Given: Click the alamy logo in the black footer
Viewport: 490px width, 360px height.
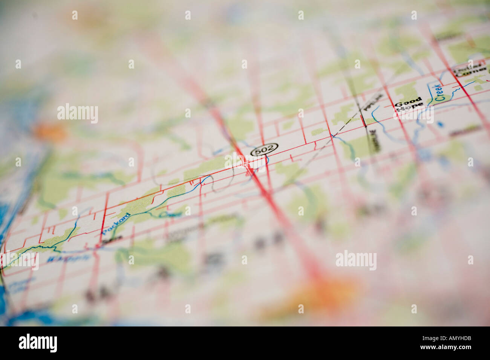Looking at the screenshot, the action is pos(38,343).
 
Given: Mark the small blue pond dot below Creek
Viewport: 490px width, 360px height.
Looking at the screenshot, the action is pos(441,124).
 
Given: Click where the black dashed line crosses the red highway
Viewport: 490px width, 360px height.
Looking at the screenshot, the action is pos(332,136).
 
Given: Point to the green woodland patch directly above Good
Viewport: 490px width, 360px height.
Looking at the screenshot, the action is pos(405,91).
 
